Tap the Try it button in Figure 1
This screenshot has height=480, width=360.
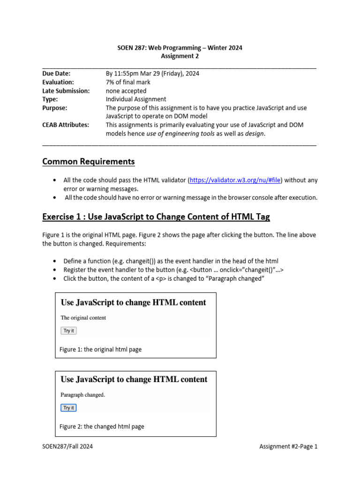(x=68, y=330)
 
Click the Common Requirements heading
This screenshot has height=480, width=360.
(x=88, y=162)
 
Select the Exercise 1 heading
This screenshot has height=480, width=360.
(x=156, y=217)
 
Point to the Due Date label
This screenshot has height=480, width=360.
(x=56, y=74)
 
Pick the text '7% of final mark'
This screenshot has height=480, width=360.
(x=128, y=82)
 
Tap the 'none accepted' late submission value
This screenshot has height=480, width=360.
(x=126, y=90)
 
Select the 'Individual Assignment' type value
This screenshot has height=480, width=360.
(x=136, y=99)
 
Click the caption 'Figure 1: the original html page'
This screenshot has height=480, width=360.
(x=101, y=349)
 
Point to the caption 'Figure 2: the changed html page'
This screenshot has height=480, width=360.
(x=102, y=427)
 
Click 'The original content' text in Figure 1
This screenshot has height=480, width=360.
(x=83, y=317)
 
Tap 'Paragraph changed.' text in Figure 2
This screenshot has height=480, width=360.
(x=83, y=395)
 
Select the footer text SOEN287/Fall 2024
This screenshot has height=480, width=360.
(x=67, y=446)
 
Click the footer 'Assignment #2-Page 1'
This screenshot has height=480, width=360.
(x=288, y=446)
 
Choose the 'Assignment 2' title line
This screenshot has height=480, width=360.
(x=180, y=56)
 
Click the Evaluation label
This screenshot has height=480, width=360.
(x=58, y=82)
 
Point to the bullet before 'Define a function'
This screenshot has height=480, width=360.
(x=56, y=261)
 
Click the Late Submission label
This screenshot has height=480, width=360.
(x=66, y=90)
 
